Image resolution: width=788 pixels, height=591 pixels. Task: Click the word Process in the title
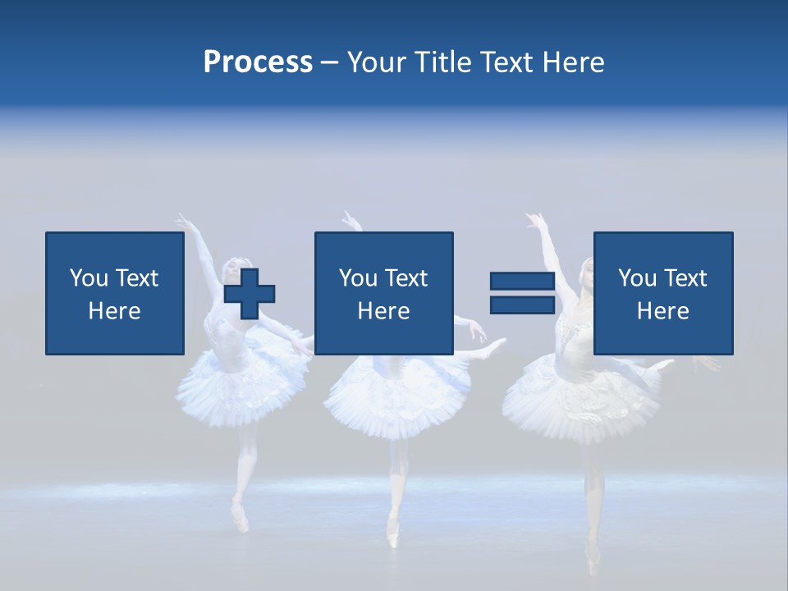(x=258, y=62)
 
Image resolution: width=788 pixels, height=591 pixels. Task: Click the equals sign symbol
(x=522, y=293)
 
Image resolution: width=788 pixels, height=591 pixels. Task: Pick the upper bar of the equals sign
(x=522, y=281)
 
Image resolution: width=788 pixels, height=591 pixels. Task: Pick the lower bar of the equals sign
(x=522, y=305)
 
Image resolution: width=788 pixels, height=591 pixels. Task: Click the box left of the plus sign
(x=114, y=293)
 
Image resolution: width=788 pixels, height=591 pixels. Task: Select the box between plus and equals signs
(x=383, y=293)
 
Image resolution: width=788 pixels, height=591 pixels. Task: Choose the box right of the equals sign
(x=662, y=293)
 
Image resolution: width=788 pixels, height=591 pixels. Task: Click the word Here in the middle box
(x=383, y=311)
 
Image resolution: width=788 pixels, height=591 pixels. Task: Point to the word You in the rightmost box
(x=637, y=278)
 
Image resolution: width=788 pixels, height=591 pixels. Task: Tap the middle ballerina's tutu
(x=386, y=394)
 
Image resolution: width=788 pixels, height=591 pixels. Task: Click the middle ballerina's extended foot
(x=497, y=346)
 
